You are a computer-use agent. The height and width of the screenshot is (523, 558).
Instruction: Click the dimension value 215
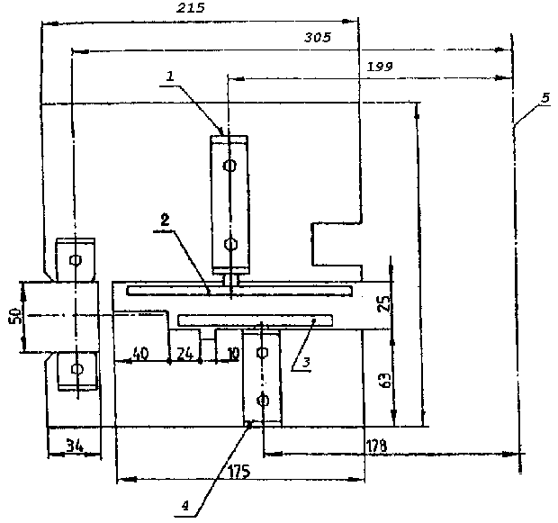click(x=191, y=8)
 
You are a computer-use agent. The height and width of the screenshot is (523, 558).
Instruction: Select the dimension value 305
click(x=318, y=37)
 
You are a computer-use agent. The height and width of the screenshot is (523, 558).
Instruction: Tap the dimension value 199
click(x=380, y=67)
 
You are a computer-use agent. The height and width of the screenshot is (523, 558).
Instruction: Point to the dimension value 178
click(x=376, y=446)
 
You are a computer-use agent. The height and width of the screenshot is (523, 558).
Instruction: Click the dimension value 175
click(x=239, y=472)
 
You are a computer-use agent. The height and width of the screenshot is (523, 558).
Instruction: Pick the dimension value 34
click(x=75, y=446)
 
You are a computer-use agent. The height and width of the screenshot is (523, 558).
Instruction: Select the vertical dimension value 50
click(x=15, y=316)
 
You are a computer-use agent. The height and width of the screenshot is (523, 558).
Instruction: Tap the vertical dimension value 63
click(x=386, y=380)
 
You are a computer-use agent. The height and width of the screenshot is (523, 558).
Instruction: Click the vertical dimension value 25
click(x=384, y=303)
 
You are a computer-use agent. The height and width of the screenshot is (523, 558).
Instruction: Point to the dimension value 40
click(x=140, y=354)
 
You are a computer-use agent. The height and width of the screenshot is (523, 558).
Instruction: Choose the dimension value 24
click(x=184, y=354)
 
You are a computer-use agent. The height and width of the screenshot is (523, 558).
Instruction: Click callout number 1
click(x=170, y=76)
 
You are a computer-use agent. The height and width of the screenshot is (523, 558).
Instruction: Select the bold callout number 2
click(x=165, y=221)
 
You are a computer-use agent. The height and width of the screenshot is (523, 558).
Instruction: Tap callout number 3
click(x=306, y=363)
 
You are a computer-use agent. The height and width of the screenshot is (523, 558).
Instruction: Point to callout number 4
click(x=185, y=506)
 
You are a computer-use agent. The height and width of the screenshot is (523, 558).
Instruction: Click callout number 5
click(x=546, y=97)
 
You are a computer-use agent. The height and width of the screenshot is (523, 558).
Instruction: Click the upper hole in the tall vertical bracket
click(x=229, y=166)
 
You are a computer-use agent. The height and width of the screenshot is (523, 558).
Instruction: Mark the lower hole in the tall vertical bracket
click(x=230, y=244)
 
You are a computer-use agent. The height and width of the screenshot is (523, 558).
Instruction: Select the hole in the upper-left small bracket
click(x=76, y=260)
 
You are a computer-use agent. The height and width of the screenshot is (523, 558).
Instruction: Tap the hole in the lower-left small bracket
click(x=76, y=368)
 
